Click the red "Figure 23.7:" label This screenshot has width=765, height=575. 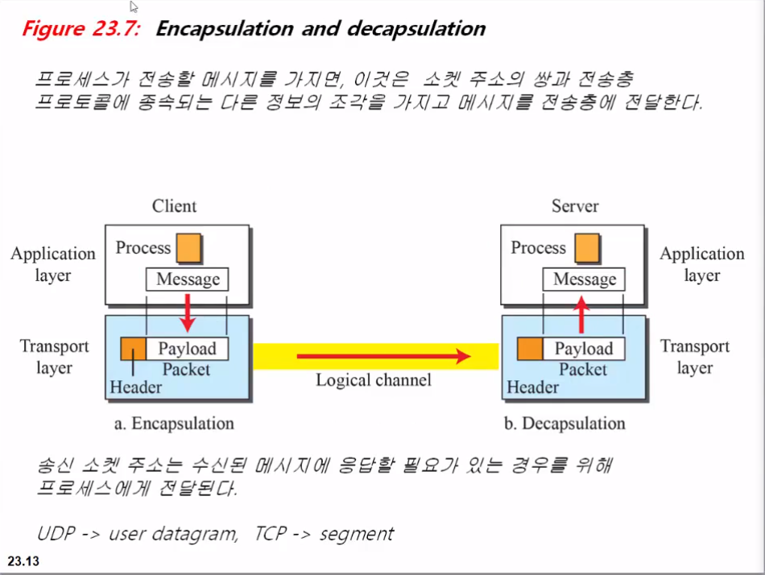tap(81, 30)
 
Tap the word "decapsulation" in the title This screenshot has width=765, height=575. tap(416, 30)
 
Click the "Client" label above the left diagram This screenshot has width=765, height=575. tap(174, 206)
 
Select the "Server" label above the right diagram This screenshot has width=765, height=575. tap(575, 206)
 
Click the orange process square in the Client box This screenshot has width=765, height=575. tap(189, 247)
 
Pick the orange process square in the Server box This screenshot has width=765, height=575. tap(586, 247)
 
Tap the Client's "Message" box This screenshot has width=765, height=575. tap(188, 279)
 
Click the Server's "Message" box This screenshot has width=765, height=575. tap(585, 279)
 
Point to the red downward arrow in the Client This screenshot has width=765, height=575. tap(187, 312)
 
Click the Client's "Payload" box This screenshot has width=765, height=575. tap(187, 349)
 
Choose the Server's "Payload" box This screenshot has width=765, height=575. tap(584, 349)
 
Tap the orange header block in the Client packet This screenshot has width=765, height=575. tap(133, 349)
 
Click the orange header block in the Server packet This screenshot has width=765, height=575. tap(530, 349)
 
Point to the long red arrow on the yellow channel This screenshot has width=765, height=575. tap(383, 355)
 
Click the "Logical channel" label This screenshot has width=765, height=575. tap(374, 380)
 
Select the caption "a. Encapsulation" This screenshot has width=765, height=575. tap(174, 424)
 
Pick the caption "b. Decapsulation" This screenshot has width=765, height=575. tap(565, 424)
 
